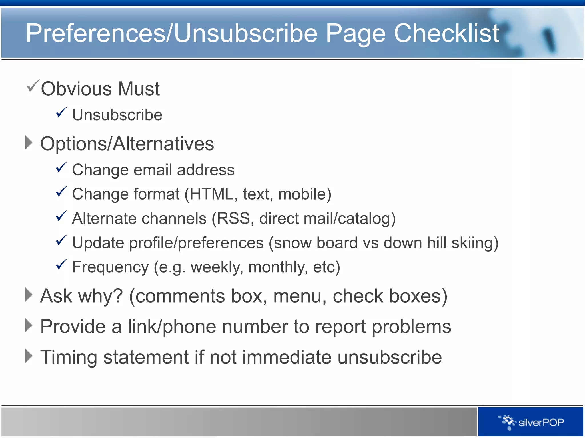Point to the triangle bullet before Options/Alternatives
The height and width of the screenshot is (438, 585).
tap(29, 142)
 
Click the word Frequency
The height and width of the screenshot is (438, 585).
tap(110, 267)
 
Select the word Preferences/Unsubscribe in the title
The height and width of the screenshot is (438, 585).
tap(171, 33)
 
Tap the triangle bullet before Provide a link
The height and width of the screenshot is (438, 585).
tap(29, 325)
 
